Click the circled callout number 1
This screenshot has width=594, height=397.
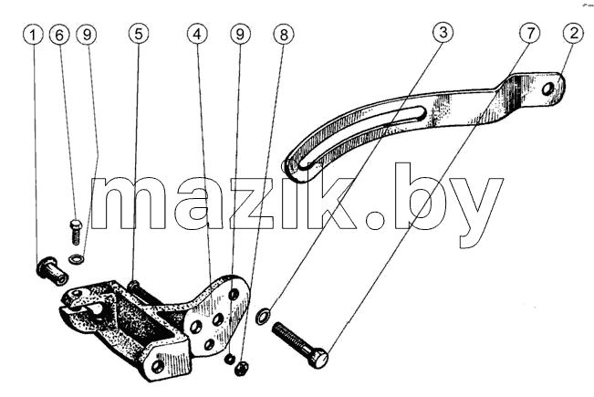(x=33, y=35)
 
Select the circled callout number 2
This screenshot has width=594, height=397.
(x=574, y=33)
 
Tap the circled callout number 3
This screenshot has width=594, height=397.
(x=443, y=32)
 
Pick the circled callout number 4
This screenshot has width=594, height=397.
(x=197, y=34)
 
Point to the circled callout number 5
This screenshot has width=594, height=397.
(x=139, y=34)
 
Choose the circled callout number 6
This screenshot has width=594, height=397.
(x=59, y=35)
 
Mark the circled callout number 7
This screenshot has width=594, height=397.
(x=529, y=33)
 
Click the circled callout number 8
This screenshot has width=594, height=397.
(x=284, y=35)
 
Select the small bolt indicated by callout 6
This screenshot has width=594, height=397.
(x=76, y=231)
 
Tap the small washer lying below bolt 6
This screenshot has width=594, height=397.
(x=76, y=259)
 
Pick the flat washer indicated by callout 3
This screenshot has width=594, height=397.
(x=263, y=316)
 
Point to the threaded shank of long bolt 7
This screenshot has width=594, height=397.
(x=292, y=337)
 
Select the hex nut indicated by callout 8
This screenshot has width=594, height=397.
(x=241, y=368)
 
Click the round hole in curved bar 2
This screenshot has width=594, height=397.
(x=547, y=89)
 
